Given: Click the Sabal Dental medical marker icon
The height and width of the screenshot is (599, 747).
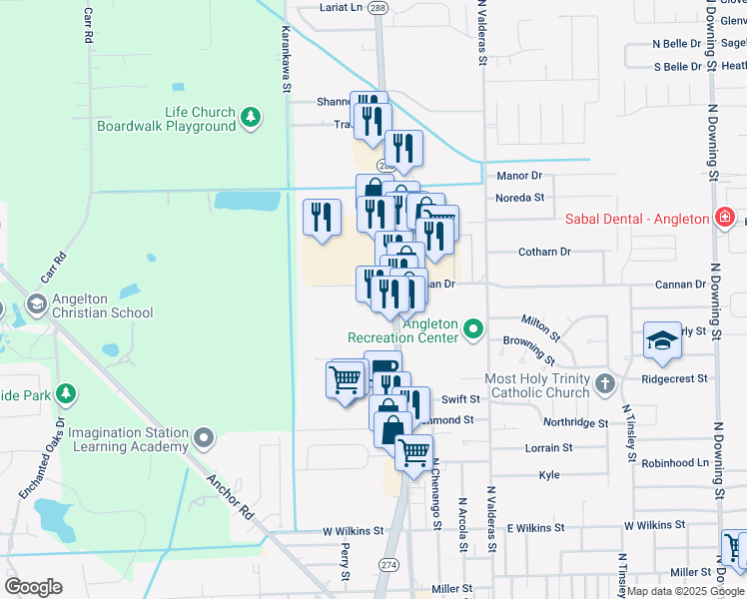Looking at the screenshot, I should [725, 219].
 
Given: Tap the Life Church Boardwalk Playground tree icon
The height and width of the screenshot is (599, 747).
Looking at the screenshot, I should [252, 119].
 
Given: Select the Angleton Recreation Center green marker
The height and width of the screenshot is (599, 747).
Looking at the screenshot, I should [474, 328].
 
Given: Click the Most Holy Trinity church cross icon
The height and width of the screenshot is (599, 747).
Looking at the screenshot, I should [604, 384].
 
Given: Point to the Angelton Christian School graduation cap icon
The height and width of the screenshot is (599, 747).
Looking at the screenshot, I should [37, 303].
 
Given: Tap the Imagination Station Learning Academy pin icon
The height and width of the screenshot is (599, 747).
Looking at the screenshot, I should [204, 437].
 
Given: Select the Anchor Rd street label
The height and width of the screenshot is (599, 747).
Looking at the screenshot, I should [230, 495].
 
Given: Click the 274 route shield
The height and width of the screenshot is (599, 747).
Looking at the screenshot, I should [386, 564].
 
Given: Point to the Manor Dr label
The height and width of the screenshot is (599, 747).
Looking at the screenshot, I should [518, 176].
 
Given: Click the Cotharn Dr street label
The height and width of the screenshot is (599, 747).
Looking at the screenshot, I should [544, 252].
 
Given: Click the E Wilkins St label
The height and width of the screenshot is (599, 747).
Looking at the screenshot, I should [536, 526].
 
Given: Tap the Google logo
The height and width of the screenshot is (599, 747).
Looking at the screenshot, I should [33, 587].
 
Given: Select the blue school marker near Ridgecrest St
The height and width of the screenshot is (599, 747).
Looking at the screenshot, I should [662, 340].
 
